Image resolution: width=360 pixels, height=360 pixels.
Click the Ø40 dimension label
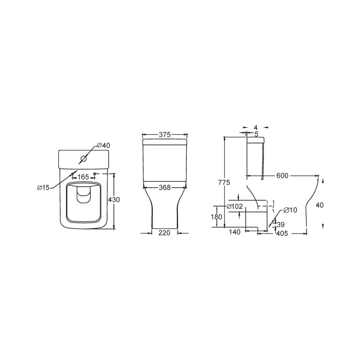coord(103,145)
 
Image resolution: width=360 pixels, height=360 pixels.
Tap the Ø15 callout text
coord(43,188)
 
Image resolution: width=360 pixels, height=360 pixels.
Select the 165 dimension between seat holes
coord(83,177)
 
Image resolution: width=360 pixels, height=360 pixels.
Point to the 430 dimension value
coord(114,200)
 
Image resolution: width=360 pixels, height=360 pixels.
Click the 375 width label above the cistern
coord(165,135)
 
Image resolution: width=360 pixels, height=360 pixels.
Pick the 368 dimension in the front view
coord(165,188)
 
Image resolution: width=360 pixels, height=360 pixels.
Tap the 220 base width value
coord(164,233)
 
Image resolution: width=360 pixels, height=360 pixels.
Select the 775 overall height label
coord(224,183)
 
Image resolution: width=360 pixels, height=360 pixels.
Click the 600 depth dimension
coord(282,175)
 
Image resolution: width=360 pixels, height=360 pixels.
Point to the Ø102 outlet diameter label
coord(234,207)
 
